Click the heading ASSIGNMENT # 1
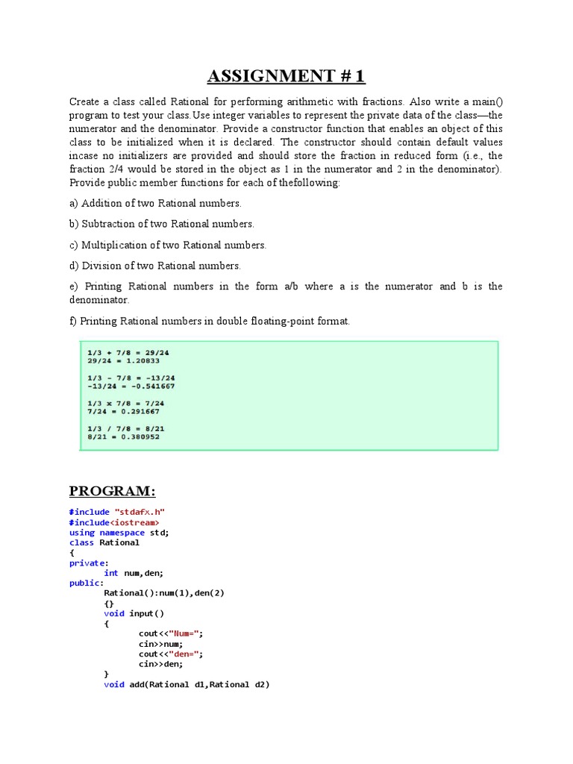[x=286, y=77]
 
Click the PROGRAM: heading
[x=113, y=490]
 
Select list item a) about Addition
[x=155, y=203]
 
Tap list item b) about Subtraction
[x=162, y=224]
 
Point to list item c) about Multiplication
[x=168, y=245]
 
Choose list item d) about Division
[x=155, y=266]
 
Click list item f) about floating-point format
[x=210, y=322]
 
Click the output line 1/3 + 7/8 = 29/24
[x=129, y=352]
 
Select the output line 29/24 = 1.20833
[x=124, y=360]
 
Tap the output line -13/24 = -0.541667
[x=131, y=386]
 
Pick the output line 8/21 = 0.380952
[x=124, y=436]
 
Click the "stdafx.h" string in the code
[x=140, y=512]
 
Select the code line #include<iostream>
[x=114, y=522]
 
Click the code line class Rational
[x=104, y=542]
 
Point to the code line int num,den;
[x=134, y=573]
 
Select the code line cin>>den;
[x=160, y=663]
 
